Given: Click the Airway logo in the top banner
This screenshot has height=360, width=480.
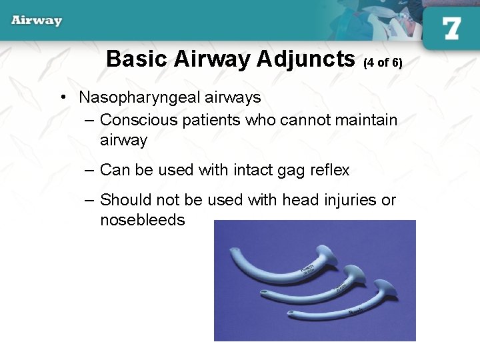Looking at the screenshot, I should click(37, 21).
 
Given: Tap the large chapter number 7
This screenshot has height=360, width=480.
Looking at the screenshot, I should click(451, 28).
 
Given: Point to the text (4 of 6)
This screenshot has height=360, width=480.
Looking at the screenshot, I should click(383, 63).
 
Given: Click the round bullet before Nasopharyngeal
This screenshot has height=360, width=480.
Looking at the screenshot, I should click(62, 98).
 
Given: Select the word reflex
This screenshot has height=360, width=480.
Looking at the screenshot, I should click(330, 171).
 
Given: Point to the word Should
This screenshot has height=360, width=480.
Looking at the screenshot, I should click(124, 200).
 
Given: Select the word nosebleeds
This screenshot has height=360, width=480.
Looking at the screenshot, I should click(142, 221).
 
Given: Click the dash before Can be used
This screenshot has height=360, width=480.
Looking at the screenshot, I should click(89, 171).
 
